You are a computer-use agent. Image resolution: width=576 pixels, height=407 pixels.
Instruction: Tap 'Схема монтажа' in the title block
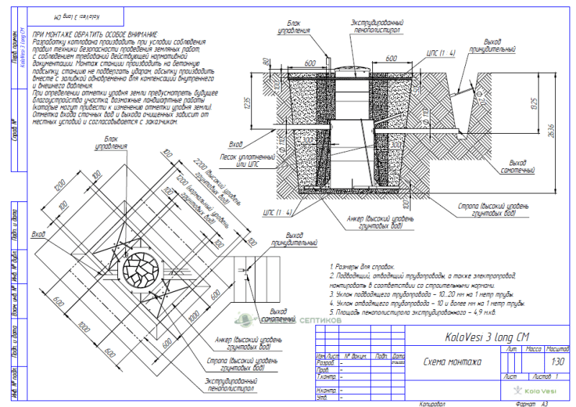pos(453,362)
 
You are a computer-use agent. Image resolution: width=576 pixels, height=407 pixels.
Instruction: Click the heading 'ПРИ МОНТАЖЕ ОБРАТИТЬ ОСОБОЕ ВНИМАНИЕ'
pos(94,35)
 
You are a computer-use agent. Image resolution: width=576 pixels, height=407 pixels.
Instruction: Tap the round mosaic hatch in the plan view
pos(143,269)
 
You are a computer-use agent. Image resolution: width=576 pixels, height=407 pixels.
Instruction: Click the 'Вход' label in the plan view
pos(38,234)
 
